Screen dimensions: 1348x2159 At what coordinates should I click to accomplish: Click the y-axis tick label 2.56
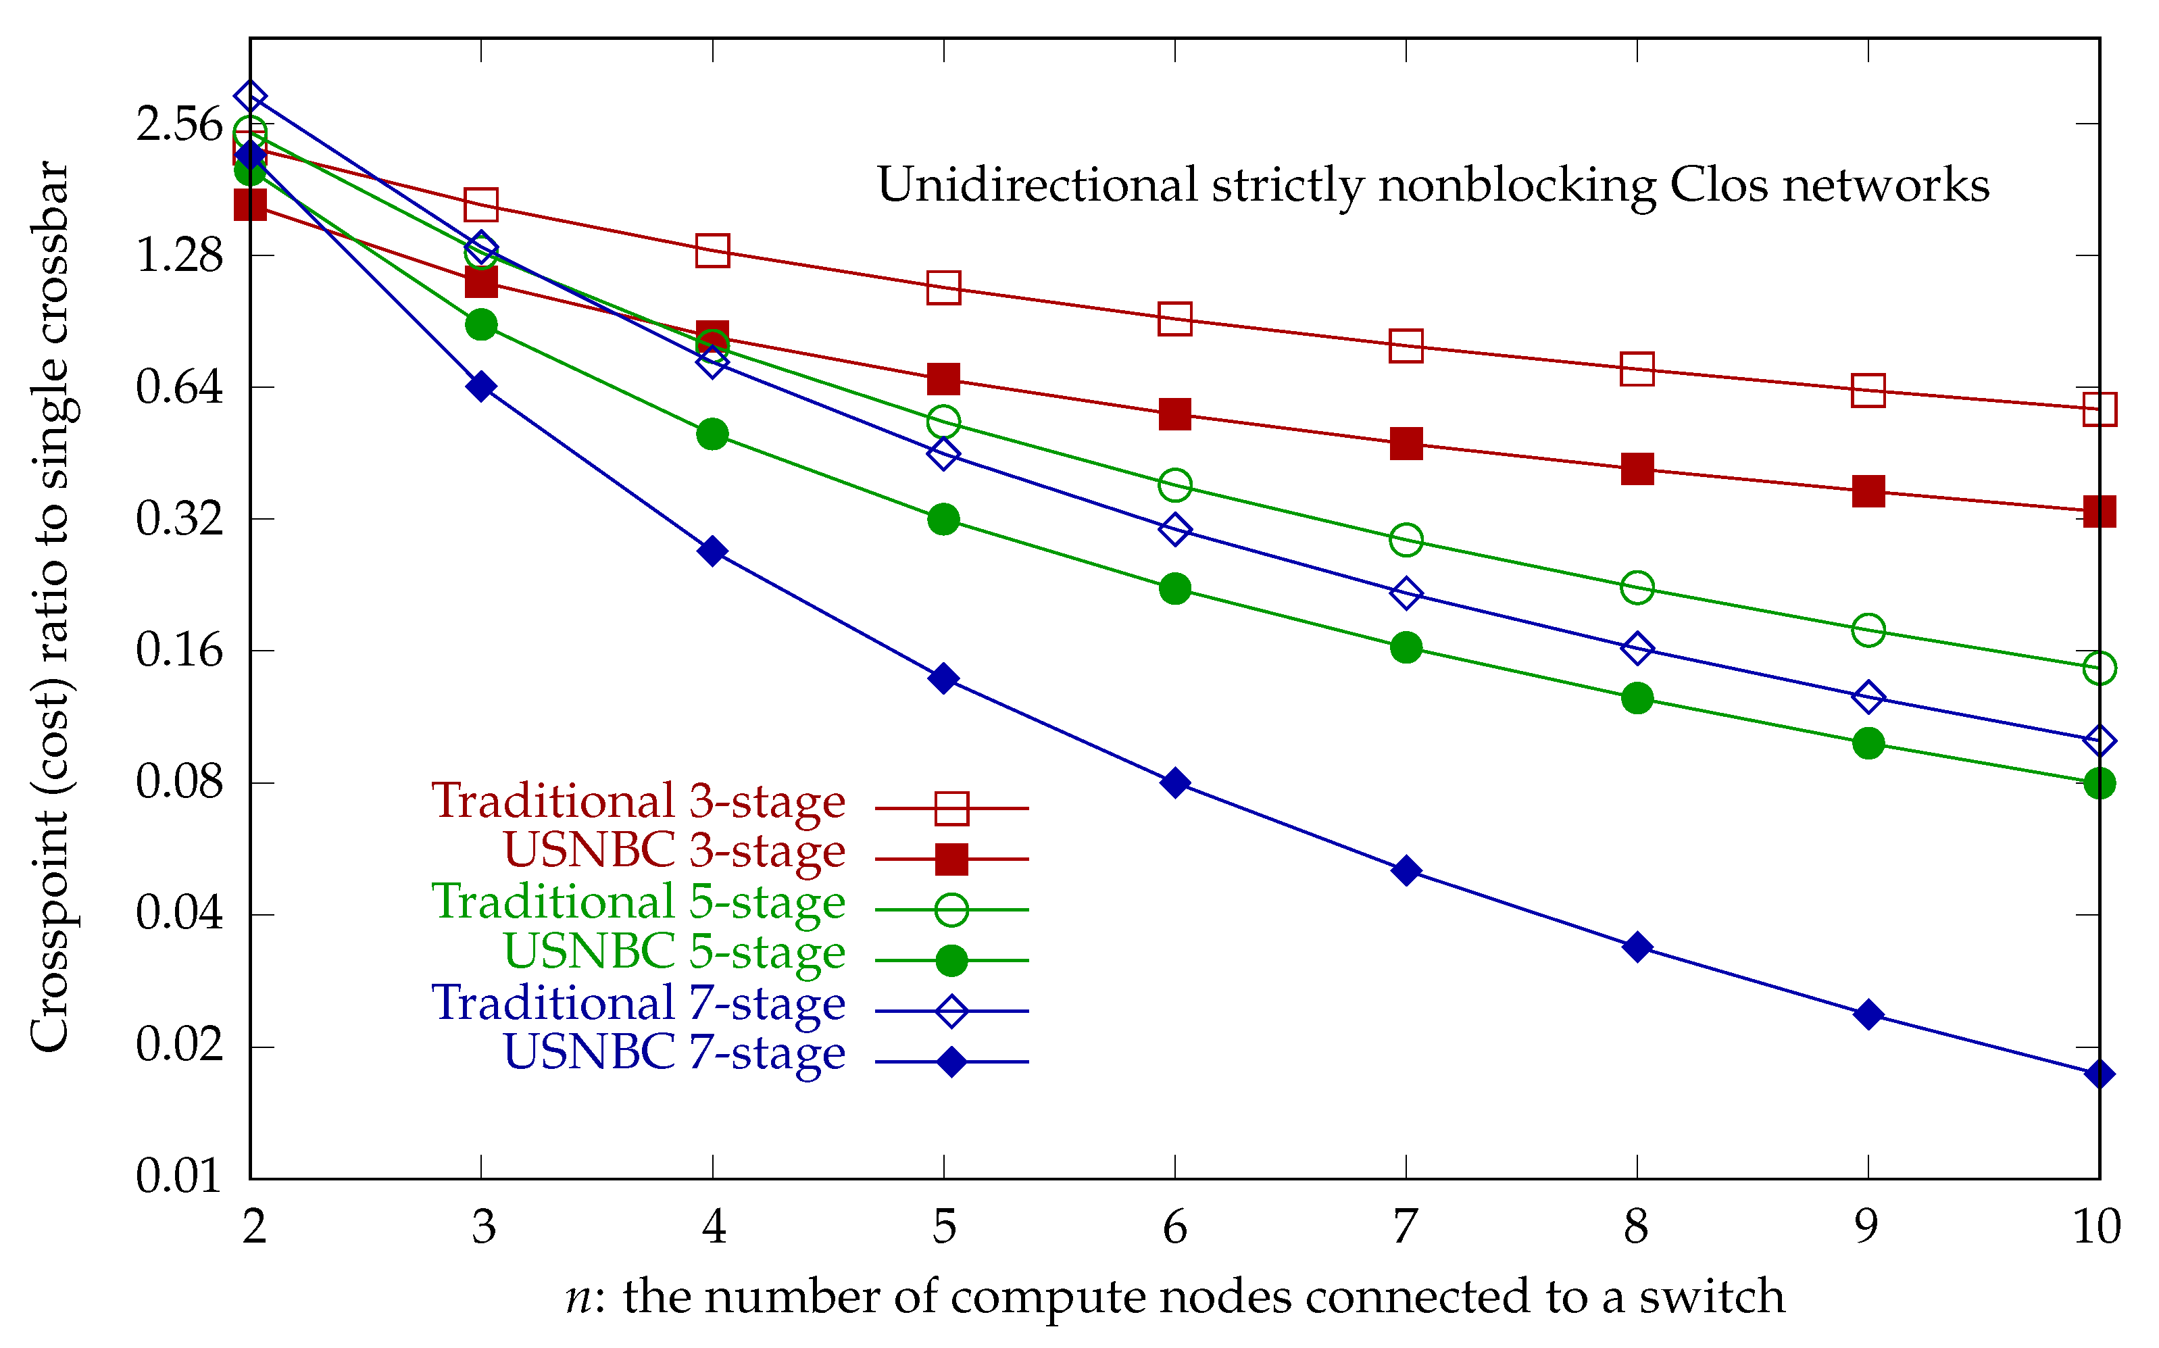[179, 124]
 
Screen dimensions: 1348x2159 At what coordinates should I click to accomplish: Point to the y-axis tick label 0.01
[179, 1177]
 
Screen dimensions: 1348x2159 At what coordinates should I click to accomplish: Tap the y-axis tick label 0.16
[179, 650]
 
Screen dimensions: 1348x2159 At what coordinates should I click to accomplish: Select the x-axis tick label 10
[2097, 1228]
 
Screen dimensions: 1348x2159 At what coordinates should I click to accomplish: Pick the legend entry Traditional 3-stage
[639, 801]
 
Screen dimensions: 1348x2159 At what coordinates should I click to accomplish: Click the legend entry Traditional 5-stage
[639, 901]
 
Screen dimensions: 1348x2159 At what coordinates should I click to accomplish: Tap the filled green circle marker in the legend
[951, 961]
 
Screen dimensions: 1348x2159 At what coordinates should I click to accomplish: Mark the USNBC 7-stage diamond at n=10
[2100, 1074]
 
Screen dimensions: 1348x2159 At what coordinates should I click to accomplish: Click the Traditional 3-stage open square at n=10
[2100, 409]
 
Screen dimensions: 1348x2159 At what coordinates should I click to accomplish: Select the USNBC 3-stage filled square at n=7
[1406, 443]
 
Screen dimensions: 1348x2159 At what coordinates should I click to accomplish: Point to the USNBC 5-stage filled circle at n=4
[712, 435]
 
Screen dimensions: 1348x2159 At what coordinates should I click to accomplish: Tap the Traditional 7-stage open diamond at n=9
[1868, 696]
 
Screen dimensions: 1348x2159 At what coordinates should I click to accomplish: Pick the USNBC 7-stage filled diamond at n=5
[943, 678]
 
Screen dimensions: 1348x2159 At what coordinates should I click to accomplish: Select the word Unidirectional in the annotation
[1037, 185]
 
